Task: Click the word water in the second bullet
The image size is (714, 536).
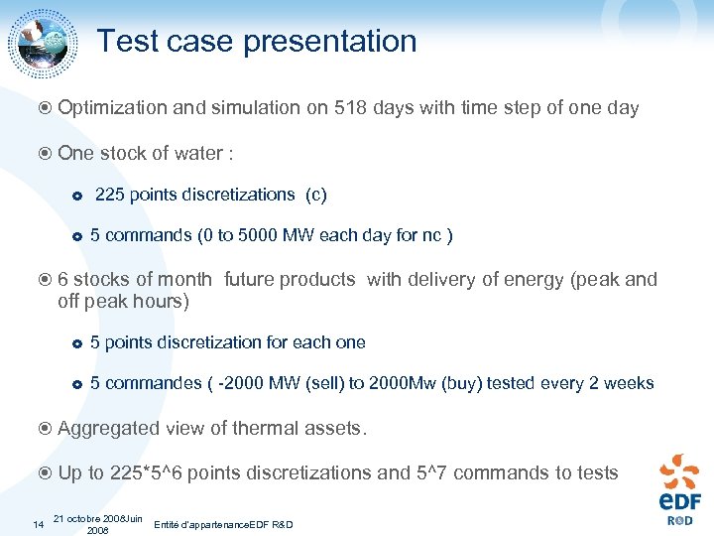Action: tap(198, 153)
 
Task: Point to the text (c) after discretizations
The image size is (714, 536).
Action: tap(315, 195)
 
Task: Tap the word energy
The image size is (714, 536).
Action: tap(536, 280)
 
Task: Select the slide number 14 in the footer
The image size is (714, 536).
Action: tap(38, 523)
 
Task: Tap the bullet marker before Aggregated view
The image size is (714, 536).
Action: tap(47, 429)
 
